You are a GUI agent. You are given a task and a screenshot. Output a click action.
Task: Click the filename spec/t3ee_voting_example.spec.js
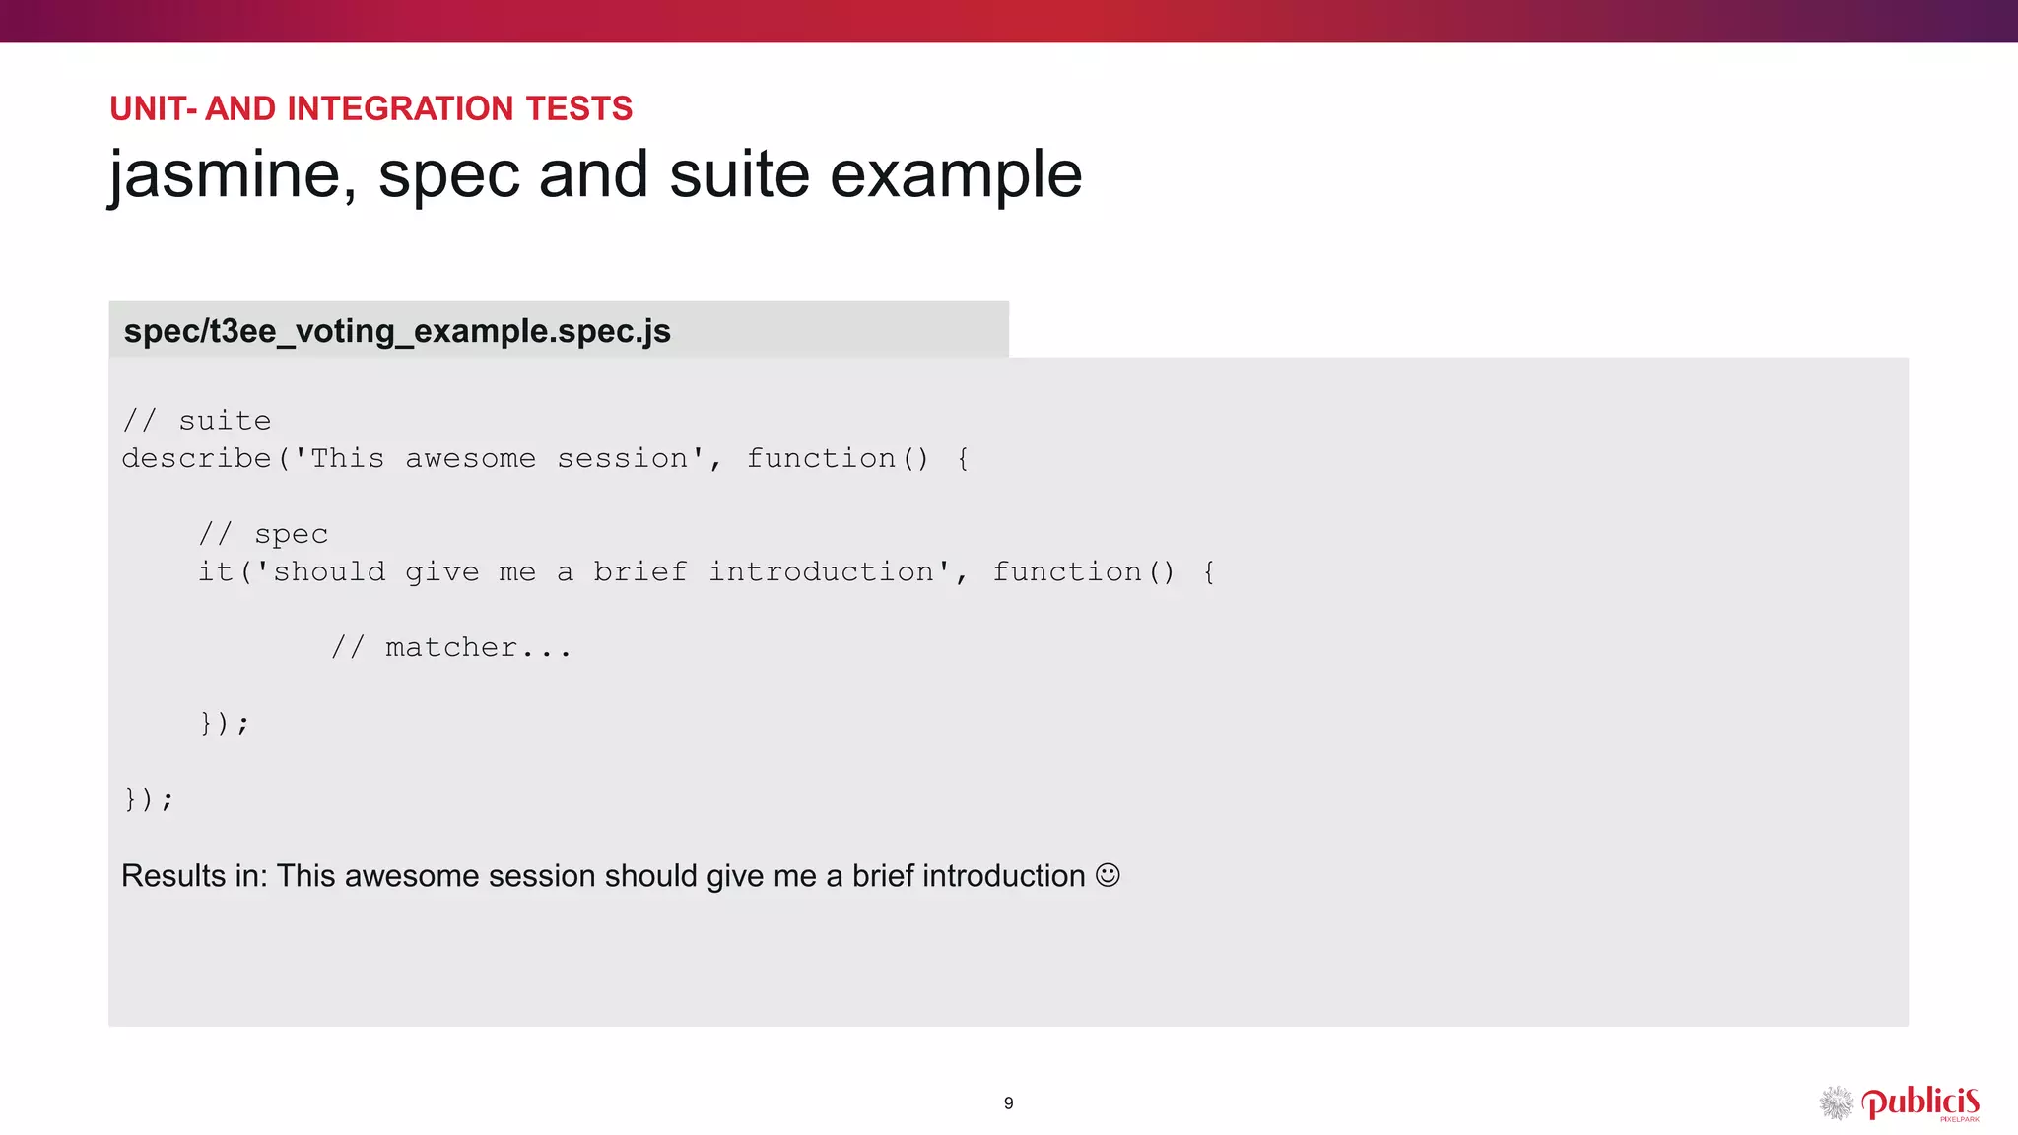[397, 331]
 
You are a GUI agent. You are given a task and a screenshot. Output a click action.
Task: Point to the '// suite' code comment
[197, 421]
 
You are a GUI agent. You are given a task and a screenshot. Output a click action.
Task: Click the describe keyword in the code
[196, 459]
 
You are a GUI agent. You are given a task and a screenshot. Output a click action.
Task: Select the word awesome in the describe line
[471, 459]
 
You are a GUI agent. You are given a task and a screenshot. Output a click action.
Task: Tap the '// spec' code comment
[263, 534]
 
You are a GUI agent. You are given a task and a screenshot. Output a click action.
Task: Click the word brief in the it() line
[639, 572]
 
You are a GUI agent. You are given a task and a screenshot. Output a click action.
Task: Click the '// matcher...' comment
[451, 648]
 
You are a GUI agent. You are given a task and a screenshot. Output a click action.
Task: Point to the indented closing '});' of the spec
[225, 723]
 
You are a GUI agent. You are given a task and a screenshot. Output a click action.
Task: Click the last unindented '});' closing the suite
[149, 799]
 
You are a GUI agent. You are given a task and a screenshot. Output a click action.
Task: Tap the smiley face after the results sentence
[1108, 875]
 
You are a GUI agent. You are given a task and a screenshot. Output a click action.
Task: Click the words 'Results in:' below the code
[194, 876]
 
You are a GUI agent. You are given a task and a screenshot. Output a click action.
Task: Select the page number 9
[1008, 1103]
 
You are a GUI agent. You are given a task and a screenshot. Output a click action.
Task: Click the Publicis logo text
[1920, 1102]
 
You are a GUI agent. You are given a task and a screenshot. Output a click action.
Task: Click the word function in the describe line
[821, 459]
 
